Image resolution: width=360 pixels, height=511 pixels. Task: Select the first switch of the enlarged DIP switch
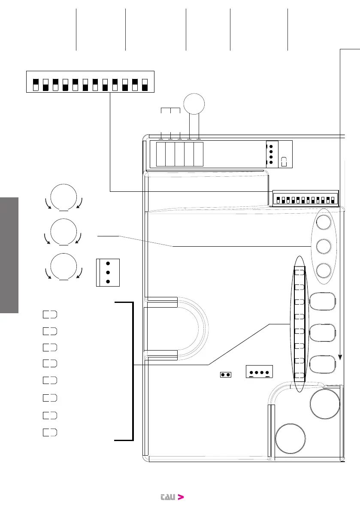coord(36,85)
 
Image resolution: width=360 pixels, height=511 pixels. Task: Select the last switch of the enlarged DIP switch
coord(145,85)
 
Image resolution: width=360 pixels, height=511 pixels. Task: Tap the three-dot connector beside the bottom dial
coord(108,272)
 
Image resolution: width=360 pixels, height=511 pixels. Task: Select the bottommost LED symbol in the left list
coord(50,432)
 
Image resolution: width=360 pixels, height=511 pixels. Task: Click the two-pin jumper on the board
coord(225,375)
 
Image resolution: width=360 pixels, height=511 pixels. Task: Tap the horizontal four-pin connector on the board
coord(259,372)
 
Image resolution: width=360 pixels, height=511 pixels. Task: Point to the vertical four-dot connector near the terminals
coord(272,153)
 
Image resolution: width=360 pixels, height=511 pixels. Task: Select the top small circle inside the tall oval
coord(324,222)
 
